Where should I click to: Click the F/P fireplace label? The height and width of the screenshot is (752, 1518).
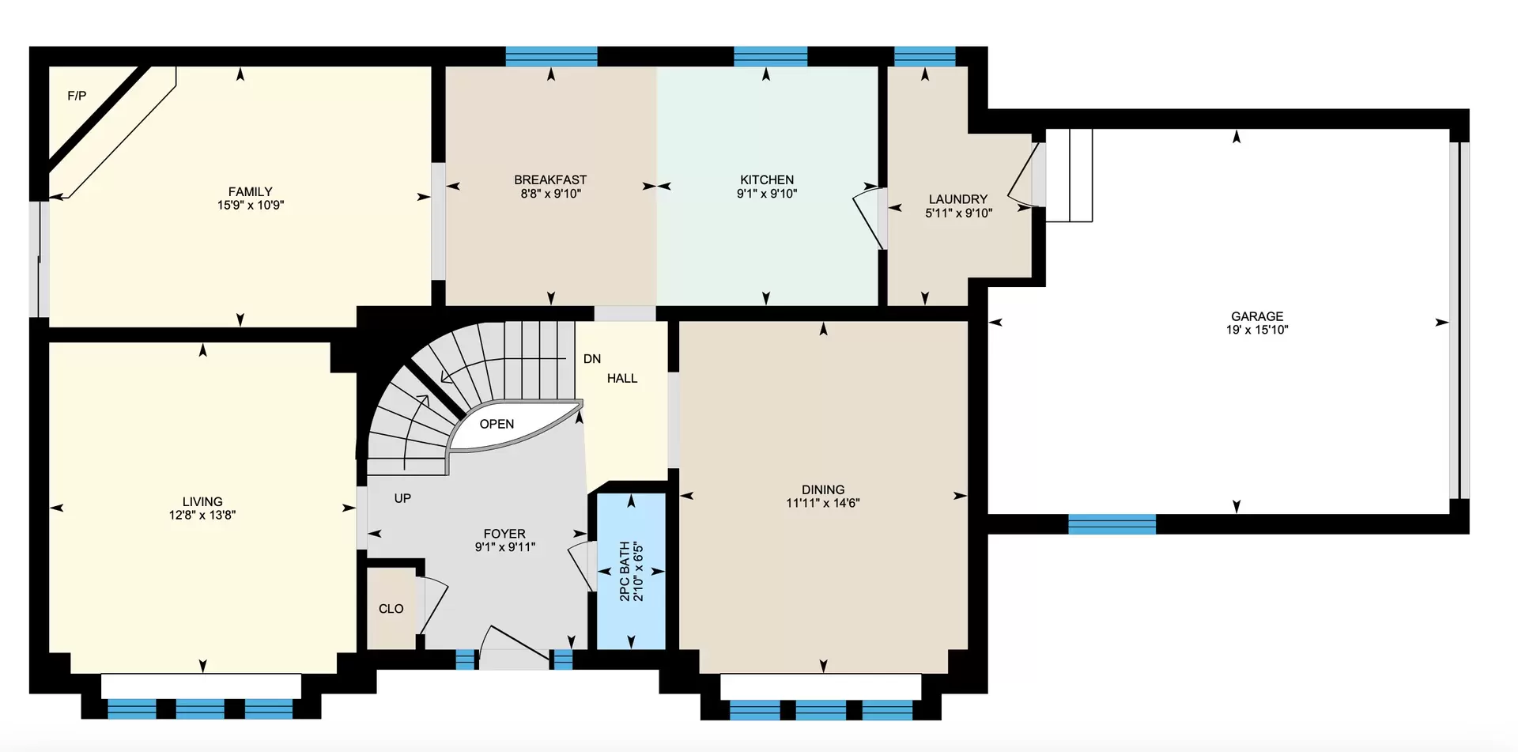click(x=77, y=96)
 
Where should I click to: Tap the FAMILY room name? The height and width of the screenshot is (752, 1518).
click(x=251, y=191)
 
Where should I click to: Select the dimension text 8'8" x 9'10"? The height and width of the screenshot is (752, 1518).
click(x=551, y=194)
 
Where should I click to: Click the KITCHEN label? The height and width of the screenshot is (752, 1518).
click(x=767, y=179)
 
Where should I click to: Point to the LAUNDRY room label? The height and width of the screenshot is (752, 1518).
click(x=958, y=199)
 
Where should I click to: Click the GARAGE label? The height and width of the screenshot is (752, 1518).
click(x=1257, y=316)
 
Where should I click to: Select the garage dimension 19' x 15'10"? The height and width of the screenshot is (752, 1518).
click(x=1257, y=330)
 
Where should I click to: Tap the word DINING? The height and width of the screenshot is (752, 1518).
click(x=823, y=489)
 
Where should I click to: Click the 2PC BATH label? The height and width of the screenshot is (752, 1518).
click(x=625, y=571)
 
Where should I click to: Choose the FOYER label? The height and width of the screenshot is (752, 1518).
click(x=504, y=534)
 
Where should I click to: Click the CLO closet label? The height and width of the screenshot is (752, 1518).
click(x=391, y=609)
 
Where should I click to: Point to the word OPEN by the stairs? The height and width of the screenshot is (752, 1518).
click(x=497, y=424)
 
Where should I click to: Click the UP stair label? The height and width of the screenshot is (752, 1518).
click(x=402, y=498)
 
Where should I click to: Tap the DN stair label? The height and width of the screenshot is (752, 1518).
click(x=592, y=359)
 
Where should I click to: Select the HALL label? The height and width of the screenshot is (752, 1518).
click(x=622, y=379)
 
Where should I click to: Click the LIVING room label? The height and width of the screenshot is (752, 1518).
click(x=202, y=501)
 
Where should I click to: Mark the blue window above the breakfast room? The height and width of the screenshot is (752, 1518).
click(x=551, y=56)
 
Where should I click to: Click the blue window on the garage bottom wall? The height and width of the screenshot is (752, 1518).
click(x=1112, y=524)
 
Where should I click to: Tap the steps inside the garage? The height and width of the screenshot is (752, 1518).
click(x=1069, y=176)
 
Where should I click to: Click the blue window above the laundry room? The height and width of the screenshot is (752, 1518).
click(x=925, y=56)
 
